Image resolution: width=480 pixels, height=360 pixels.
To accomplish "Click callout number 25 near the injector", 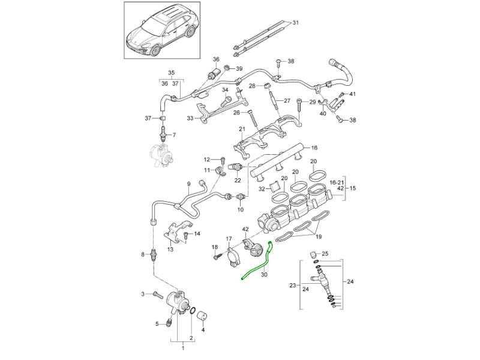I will (325, 254).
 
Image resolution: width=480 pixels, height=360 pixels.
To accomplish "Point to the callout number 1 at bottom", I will (183, 349).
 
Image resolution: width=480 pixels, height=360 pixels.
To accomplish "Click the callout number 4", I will (203, 329).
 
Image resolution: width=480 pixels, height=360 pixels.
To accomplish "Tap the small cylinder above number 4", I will (202, 316).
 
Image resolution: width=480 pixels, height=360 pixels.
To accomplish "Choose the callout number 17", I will (229, 239).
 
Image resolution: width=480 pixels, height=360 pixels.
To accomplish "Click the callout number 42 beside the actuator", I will (245, 229).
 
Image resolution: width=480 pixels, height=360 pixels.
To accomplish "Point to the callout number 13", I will (170, 249).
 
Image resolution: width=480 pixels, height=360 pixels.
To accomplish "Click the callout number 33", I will (190, 119).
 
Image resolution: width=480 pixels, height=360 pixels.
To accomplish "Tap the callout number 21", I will (242, 129).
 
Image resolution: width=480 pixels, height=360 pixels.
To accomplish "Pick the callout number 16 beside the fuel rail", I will (314, 148).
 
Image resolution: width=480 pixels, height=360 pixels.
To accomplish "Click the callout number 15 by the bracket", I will (353, 188).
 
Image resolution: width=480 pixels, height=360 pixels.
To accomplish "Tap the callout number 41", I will (353, 94).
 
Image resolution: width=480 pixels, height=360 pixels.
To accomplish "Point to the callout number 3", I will (143, 293).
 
